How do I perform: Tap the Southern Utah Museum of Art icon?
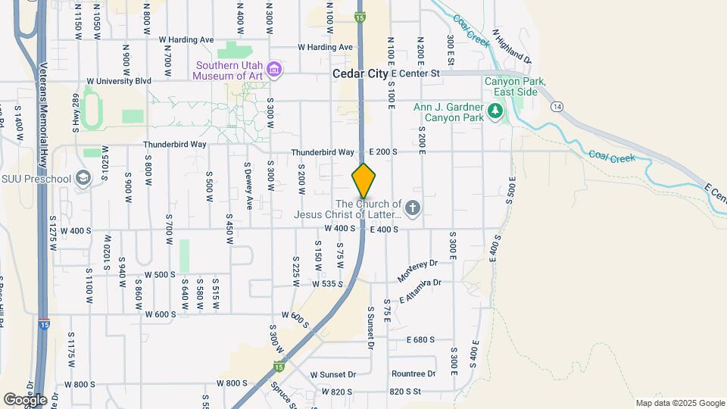tap(275, 70)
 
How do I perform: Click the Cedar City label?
tap(360, 74)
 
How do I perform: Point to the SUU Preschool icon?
tap(83, 179)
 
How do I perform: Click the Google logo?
tap(25, 399)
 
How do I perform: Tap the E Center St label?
tap(416, 73)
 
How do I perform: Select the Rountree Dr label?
tap(413, 374)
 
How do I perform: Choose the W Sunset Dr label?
tap(333, 374)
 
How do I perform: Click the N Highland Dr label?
tap(513, 47)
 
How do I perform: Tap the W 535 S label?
tap(328, 284)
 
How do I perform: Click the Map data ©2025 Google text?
tap(680, 403)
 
